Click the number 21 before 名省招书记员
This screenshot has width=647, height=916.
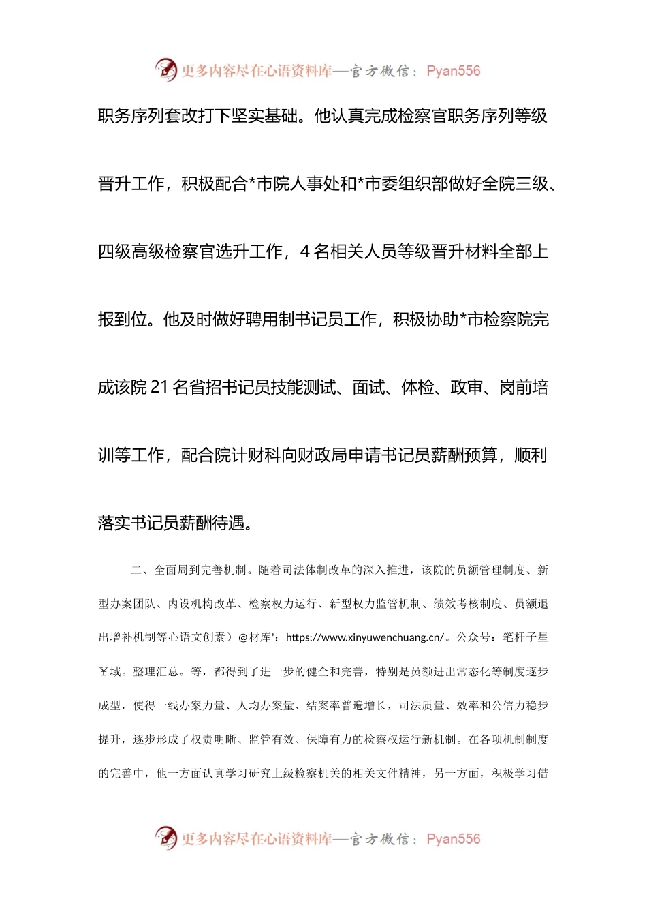click(x=159, y=388)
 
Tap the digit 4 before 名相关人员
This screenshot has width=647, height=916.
click(x=305, y=252)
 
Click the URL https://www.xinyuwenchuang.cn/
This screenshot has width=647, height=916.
click(x=366, y=638)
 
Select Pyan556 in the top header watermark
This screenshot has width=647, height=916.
click(x=454, y=71)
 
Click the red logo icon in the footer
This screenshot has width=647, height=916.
click(x=165, y=838)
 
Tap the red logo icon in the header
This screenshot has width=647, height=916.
click(x=165, y=70)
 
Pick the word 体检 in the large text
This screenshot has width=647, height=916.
click(x=418, y=388)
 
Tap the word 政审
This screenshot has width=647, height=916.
click(x=467, y=388)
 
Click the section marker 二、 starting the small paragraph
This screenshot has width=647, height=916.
click(x=138, y=570)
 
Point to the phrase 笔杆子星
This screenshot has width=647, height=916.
click(x=525, y=638)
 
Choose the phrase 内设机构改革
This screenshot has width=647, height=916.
click(x=202, y=604)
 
